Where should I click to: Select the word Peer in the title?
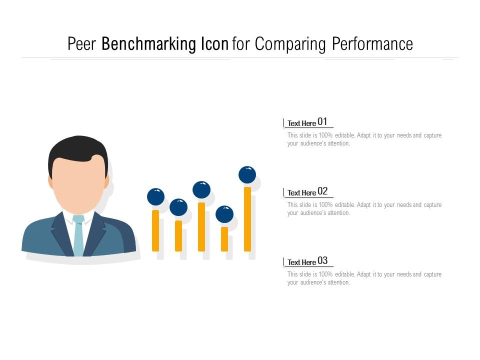click(x=82, y=44)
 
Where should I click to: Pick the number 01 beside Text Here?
click(x=322, y=121)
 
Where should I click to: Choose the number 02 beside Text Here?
click(x=322, y=191)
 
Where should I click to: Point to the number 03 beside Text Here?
click(x=322, y=260)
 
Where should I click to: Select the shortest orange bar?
click(x=224, y=239)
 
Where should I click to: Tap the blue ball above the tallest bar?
click(x=247, y=175)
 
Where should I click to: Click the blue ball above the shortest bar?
click(x=224, y=214)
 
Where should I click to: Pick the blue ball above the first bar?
click(x=155, y=196)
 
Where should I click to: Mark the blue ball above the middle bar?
click(x=201, y=190)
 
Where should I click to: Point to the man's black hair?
click(x=77, y=148)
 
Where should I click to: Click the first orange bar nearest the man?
click(x=155, y=230)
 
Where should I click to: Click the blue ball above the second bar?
click(x=178, y=207)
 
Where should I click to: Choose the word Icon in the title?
click(x=215, y=44)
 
